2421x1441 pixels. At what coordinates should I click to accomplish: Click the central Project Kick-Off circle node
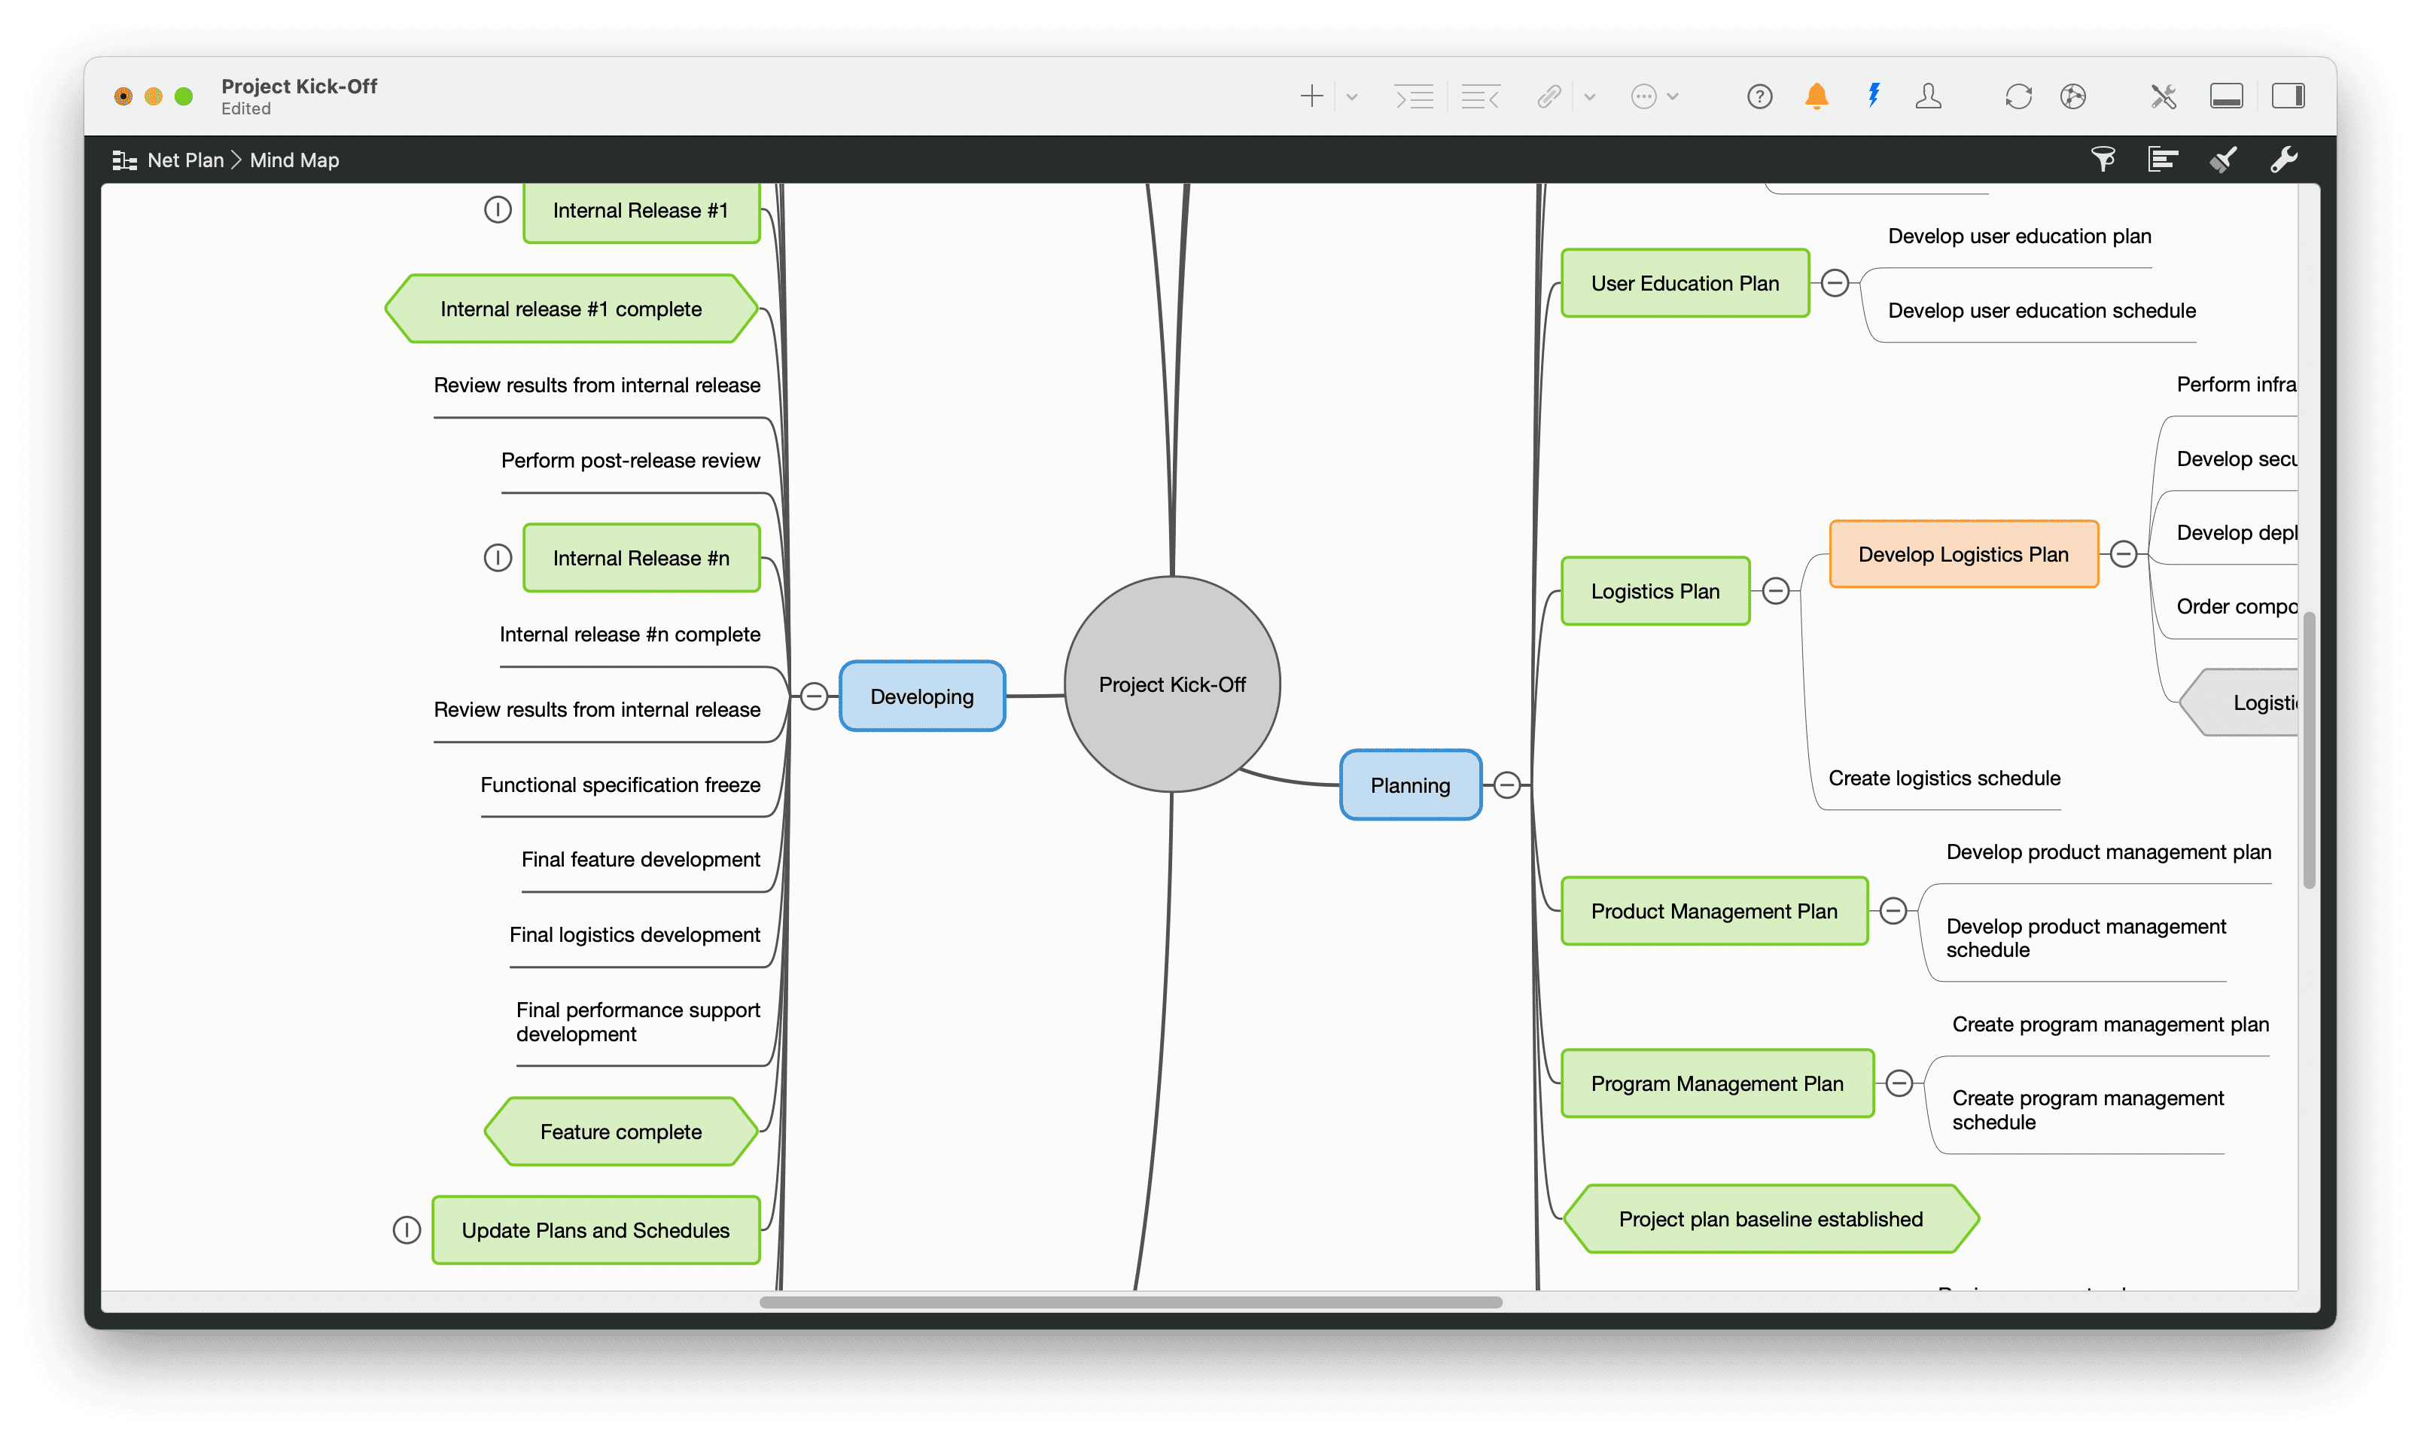tap(1171, 684)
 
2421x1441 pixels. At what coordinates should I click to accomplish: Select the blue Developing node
tap(921, 696)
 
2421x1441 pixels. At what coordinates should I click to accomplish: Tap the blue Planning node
tap(1409, 785)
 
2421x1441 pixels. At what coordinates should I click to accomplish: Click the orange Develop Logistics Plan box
tap(1963, 554)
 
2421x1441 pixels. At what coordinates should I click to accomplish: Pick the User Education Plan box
tap(1684, 284)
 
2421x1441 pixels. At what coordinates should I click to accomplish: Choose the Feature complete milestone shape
tap(620, 1132)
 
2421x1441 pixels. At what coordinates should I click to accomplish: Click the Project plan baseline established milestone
tap(1770, 1220)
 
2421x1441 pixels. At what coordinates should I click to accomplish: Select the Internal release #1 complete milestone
tap(571, 309)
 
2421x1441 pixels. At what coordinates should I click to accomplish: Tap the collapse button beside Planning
tap(1506, 784)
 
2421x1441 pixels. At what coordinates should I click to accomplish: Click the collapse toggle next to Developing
tap(815, 696)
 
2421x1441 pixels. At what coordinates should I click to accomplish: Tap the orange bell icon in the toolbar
tap(1817, 96)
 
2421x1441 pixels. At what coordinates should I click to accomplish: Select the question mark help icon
tap(1759, 96)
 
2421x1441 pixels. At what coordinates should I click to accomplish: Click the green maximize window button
tap(184, 96)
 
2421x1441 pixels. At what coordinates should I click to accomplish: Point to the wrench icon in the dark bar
tap(2283, 160)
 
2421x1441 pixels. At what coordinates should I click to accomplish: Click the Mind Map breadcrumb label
tap(294, 160)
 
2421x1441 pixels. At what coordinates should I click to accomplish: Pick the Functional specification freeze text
tap(620, 784)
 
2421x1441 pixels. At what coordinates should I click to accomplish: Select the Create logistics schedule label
tap(1944, 778)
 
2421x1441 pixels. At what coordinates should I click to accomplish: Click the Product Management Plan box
tap(1713, 911)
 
